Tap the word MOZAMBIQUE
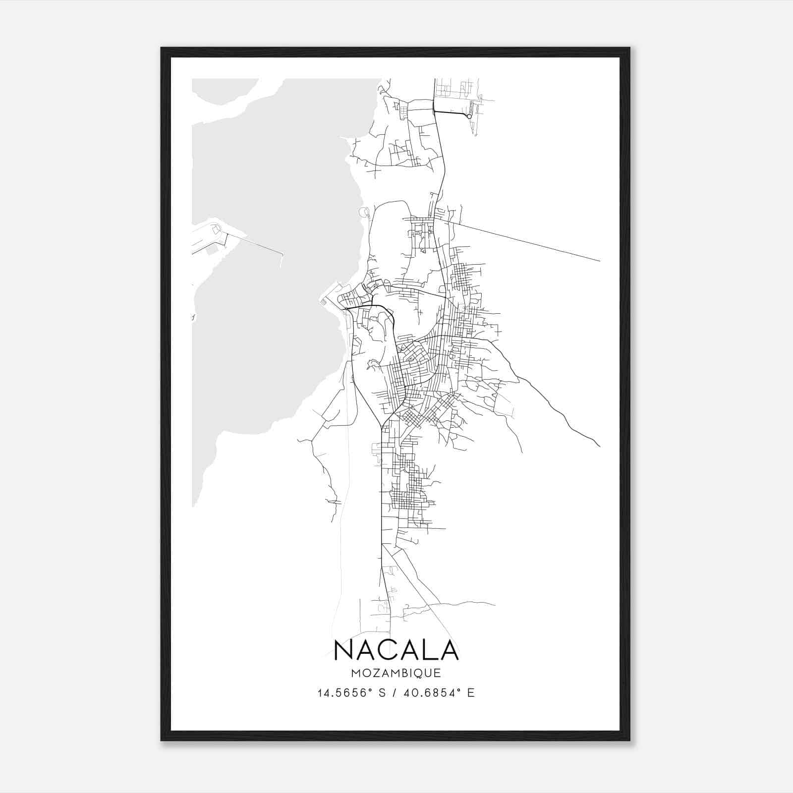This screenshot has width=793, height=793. (396, 674)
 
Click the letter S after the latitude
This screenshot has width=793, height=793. (382, 693)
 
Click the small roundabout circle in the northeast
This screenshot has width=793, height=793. (469, 116)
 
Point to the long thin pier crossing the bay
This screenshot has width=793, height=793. (258, 245)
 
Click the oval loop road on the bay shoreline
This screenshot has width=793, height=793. (365, 213)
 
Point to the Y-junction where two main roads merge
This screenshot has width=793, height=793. (381, 425)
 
